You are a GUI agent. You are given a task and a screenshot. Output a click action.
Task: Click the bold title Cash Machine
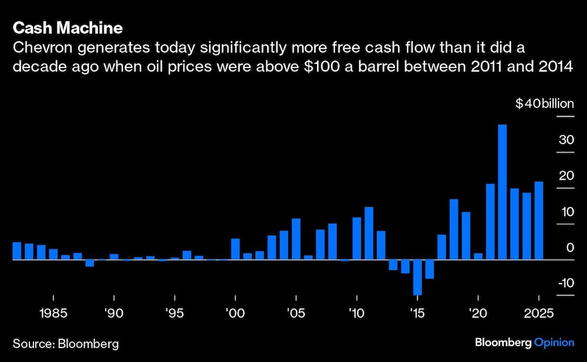click(x=68, y=28)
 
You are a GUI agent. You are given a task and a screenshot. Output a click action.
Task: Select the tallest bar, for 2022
click(x=502, y=191)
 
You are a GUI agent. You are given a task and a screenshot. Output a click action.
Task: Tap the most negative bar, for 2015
click(x=417, y=277)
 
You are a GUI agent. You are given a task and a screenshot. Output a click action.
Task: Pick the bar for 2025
click(x=538, y=220)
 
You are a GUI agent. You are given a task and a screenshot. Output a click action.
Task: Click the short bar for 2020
click(x=478, y=256)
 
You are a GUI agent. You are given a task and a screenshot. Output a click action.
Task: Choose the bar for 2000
click(x=235, y=249)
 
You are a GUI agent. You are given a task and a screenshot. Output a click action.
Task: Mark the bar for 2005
click(x=296, y=239)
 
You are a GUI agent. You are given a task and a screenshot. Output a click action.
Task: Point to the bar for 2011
click(x=369, y=233)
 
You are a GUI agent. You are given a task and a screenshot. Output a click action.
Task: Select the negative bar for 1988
click(x=90, y=263)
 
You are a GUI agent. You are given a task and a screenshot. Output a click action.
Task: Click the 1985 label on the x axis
click(x=53, y=313)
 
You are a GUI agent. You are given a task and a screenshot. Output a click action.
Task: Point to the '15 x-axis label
click(x=417, y=313)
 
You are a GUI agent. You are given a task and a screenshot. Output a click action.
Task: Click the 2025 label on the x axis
click(x=538, y=313)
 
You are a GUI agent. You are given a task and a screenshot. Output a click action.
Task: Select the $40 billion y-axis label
click(x=544, y=104)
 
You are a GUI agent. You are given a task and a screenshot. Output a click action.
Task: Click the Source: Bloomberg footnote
click(x=65, y=343)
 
